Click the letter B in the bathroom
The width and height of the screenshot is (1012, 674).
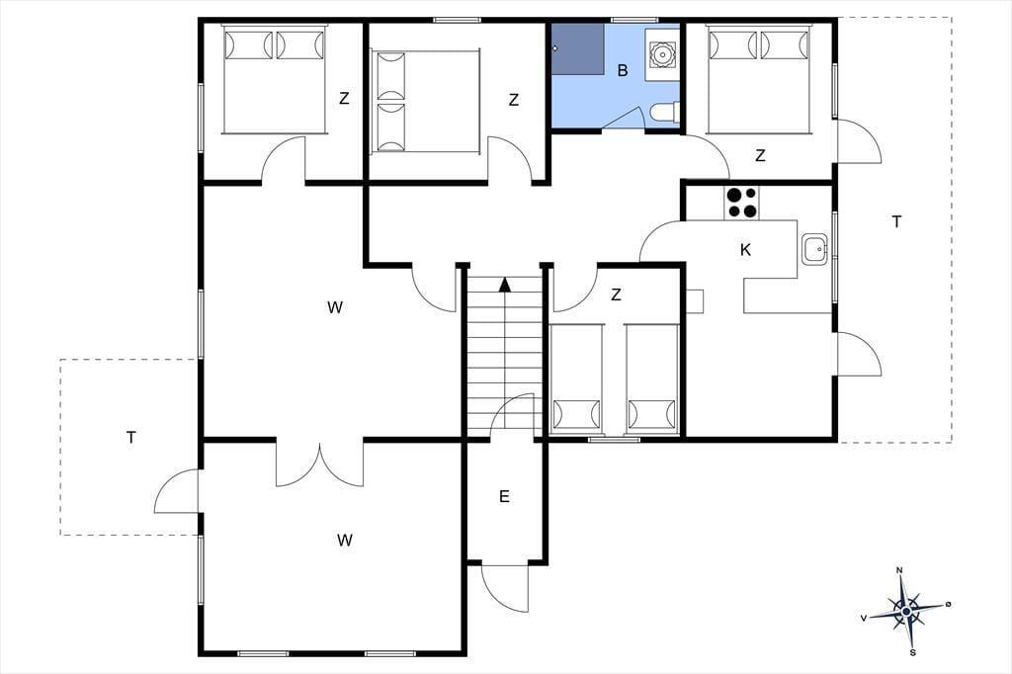pos(623,70)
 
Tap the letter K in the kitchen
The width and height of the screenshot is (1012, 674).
pos(745,250)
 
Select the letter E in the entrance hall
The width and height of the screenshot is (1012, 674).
pos(504,496)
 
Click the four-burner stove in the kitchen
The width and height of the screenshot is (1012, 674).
pos(741,203)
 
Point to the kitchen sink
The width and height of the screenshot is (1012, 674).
pos(815,249)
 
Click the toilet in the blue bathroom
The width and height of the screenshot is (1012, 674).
pos(663,113)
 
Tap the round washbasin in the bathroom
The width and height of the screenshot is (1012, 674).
pos(661,53)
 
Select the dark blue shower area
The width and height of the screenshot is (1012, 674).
pos(577,49)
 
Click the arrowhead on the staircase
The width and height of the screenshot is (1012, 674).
pos(505,285)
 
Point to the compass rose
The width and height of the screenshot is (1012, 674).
pos(907,610)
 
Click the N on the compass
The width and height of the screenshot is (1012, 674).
pos(899,570)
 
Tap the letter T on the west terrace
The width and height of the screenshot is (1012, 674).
pos(131,438)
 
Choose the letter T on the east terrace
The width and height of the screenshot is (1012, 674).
pos(896,222)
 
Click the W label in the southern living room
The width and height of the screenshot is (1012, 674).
pos(345,541)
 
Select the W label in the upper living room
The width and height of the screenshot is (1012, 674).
pos(334,308)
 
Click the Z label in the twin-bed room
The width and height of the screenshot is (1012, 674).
pos(616,295)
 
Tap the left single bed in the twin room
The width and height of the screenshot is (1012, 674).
pos(576,378)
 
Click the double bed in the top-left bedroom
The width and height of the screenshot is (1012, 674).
pos(273,79)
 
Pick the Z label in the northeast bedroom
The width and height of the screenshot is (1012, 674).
pos(760,155)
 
